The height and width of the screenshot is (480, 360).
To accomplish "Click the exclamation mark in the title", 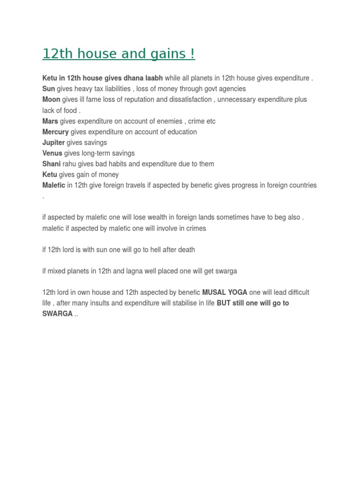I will [x=193, y=54].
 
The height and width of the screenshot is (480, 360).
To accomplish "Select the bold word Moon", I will [x=51, y=100].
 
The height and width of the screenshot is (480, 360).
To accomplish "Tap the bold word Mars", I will [x=50, y=121].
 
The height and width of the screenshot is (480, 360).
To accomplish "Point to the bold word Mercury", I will [x=55, y=132].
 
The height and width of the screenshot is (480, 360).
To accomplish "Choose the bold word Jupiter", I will [x=53, y=142].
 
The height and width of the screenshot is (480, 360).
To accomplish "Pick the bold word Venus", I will [x=52, y=153].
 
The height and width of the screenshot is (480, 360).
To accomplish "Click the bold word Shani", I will [x=52, y=164].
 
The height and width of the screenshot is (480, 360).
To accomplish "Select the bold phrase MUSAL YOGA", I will [x=225, y=292].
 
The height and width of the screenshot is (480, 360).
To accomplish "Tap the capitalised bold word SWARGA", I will [x=57, y=314].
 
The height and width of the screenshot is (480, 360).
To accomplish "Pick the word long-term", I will [x=96, y=153].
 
